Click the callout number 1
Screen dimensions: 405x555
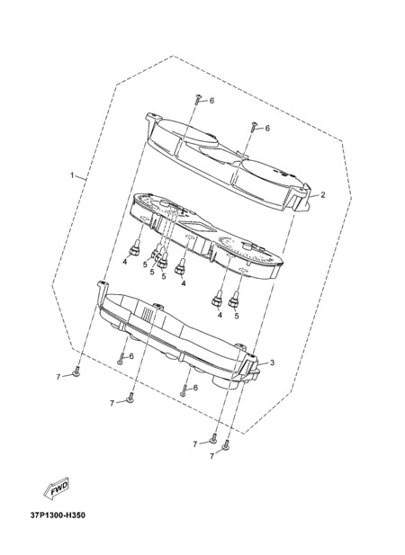[72, 175]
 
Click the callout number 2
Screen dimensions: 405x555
[322, 194]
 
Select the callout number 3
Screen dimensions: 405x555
[272, 363]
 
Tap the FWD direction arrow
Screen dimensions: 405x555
[57, 488]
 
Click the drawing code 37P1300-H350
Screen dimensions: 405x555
[58, 515]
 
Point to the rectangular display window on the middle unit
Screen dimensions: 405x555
[193, 225]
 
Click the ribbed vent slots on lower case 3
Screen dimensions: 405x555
[148, 312]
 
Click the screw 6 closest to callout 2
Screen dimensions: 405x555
[254, 127]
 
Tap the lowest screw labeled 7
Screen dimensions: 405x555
[226, 445]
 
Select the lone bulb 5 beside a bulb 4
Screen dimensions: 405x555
[233, 300]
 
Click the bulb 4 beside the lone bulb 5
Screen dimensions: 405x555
[218, 300]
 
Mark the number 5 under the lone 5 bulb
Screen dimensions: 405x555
[237, 316]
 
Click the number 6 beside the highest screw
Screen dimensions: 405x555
[211, 101]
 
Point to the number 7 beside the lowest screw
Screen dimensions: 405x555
[211, 457]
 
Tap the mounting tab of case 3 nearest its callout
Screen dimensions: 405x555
[252, 358]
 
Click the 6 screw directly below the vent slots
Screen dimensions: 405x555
[121, 359]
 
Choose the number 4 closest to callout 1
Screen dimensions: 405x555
[124, 262]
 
